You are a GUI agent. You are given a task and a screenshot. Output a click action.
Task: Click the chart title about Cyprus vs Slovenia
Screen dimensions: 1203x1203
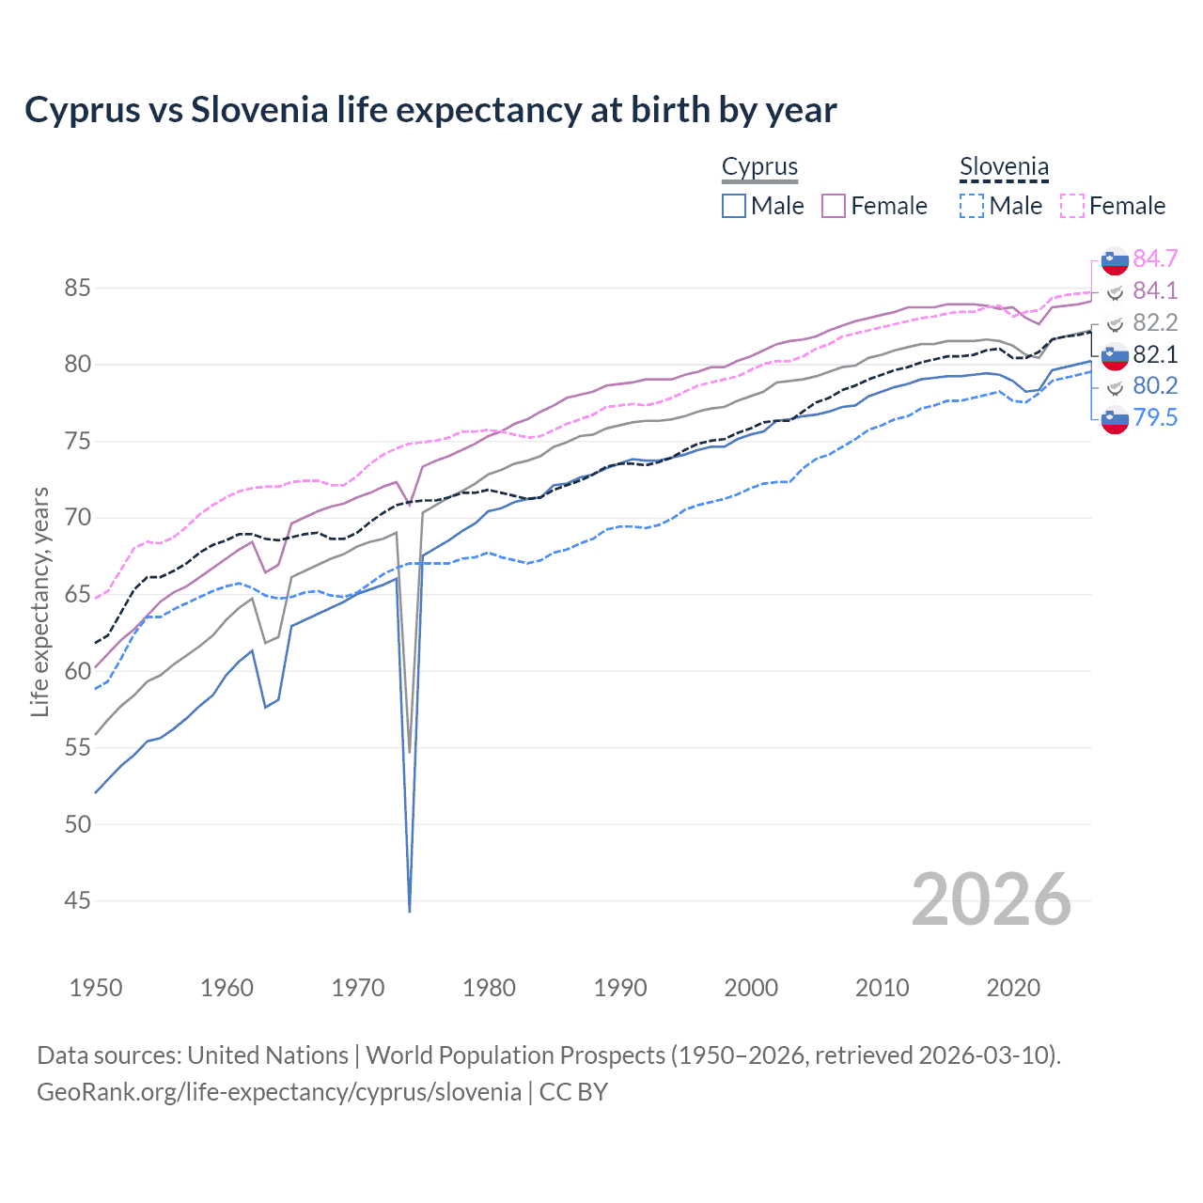(x=430, y=110)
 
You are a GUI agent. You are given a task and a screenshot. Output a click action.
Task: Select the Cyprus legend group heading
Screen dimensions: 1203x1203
(x=759, y=167)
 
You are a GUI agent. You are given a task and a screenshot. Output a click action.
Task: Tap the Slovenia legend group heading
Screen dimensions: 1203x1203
(x=1004, y=167)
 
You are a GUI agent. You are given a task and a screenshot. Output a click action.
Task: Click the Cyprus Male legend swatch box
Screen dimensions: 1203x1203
(x=734, y=206)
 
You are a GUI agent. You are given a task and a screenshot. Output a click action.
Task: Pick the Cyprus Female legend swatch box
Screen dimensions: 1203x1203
(x=834, y=206)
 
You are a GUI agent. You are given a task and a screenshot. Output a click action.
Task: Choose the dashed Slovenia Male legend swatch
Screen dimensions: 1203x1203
(x=972, y=206)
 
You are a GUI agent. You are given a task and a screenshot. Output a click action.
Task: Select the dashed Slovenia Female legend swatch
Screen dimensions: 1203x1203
(x=1072, y=206)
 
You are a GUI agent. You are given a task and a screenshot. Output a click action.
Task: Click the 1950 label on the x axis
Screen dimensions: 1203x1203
(x=96, y=988)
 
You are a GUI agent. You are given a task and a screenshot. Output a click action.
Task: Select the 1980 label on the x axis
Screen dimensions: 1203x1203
(x=489, y=988)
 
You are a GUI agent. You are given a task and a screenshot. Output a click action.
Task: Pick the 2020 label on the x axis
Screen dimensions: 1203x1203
(x=1013, y=988)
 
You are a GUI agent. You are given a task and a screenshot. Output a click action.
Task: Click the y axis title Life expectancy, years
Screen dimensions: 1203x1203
(x=39, y=601)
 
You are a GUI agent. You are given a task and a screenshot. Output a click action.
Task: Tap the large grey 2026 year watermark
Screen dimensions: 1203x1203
(x=991, y=899)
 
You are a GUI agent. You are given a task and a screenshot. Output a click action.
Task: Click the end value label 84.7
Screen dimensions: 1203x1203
(x=1155, y=258)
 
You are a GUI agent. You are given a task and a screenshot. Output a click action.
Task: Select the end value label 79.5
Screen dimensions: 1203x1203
(x=1155, y=417)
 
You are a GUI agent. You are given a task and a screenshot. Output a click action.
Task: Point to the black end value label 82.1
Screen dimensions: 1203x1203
(x=1155, y=354)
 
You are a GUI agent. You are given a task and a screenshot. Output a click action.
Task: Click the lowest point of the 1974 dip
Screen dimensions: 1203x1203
(x=410, y=911)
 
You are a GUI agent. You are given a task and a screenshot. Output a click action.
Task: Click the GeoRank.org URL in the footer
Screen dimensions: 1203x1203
(x=279, y=1092)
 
